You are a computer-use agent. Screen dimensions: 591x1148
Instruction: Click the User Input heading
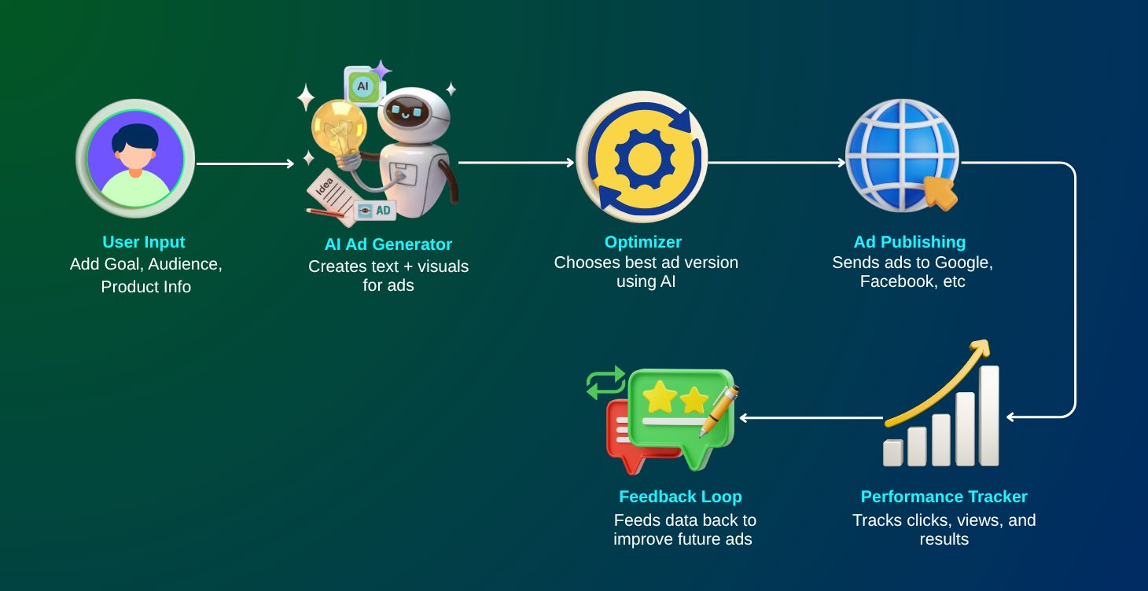[x=144, y=242]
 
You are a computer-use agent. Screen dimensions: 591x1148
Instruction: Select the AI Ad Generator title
[x=388, y=244]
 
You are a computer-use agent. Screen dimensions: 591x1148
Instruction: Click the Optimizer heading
[x=643, y=242]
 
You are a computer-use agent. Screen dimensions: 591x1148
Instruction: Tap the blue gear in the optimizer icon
[x=644, y=158]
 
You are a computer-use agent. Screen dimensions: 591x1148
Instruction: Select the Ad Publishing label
[x=910, y=242]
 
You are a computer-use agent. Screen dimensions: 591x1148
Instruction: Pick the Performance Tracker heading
[x=944, y=497]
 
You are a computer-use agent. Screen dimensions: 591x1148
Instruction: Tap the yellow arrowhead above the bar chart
[x=980, y=348]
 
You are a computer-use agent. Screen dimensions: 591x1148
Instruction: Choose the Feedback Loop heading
[x=680, y=497]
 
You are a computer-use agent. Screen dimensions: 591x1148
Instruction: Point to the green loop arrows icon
[x=605, y=382]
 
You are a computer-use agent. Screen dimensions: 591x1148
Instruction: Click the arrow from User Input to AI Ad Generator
[x=245, y=163]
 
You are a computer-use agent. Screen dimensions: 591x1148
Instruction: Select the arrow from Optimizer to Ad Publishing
[x=776, y=163]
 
